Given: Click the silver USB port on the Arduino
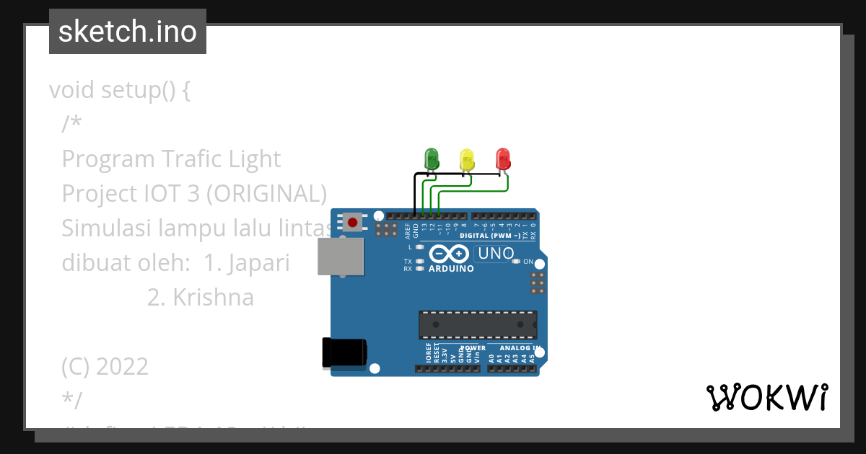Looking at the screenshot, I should pyautogui.click(x=340, y=257).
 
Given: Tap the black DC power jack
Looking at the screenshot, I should pyautogui.click(x=344, y=353).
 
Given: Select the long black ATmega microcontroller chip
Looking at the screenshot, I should pyautogui.click(x=478, y=324).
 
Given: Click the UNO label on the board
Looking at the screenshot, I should pyautogui.click(x=496, y=253).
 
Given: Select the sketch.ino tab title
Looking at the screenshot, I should pyautogui.click(x=128, y=32).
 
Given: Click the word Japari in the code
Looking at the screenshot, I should pyautogui.click(x=258, y=263).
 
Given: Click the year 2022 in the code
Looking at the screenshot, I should pyautogui.click(x=122, y=367).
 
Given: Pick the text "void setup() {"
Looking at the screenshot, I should pyautogui.click(x=120, y=90).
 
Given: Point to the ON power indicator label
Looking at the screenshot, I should pyautogui.click(x=528, y=262).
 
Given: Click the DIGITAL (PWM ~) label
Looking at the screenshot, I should pyautogui.click(x=490, y=236).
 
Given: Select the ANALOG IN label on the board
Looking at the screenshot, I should pyautogui.click(x=515, y=348).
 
